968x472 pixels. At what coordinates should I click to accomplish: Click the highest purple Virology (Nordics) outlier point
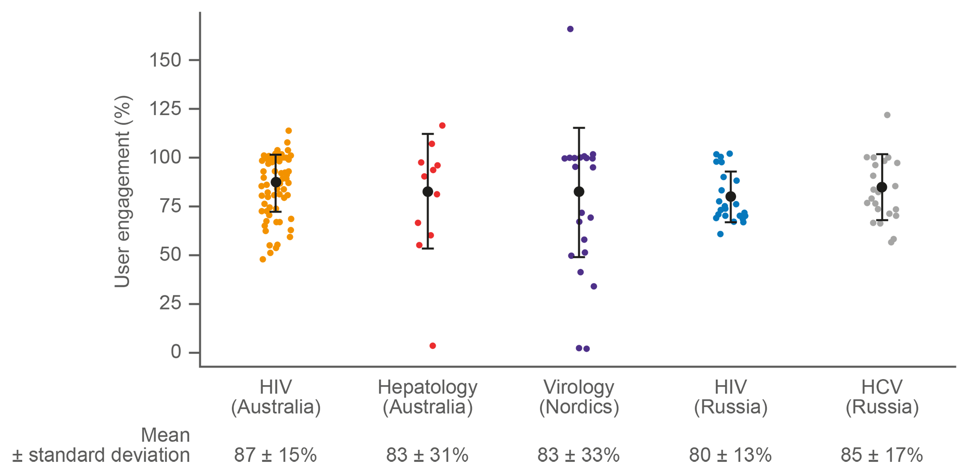coord(570,29)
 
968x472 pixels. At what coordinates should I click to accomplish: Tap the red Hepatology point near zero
coord(433,346)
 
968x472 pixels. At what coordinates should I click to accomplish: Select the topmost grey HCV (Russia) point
coord(887,115)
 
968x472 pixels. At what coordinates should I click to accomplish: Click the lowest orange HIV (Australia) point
coord(263,259)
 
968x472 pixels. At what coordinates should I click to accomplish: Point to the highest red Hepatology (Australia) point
coord(442,126)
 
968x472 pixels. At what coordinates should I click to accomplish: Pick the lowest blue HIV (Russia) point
coord(720,234)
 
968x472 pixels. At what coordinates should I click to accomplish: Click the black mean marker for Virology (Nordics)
coord(579,192)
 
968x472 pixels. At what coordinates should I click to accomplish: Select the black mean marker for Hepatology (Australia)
coord(428,192)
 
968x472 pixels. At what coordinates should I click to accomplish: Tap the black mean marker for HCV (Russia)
coord(882,187)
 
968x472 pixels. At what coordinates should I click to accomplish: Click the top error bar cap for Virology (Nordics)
coord(579,128)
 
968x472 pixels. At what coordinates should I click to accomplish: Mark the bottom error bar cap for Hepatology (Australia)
coord(428,248)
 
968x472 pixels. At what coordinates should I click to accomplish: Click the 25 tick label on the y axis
coord(170,303)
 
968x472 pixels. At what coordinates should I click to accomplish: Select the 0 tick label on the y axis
coord(175,352)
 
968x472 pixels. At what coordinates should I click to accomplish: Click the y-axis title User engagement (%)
coord(123,191)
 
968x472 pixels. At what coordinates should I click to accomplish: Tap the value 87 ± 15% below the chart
coord(275,455)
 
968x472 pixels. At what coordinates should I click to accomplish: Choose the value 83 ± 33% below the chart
coord(578,455)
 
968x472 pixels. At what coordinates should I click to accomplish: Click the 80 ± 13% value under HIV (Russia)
coord(730,455)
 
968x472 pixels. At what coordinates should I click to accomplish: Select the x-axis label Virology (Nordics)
coord(579,397)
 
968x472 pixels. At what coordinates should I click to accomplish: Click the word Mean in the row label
coord(165,435)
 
